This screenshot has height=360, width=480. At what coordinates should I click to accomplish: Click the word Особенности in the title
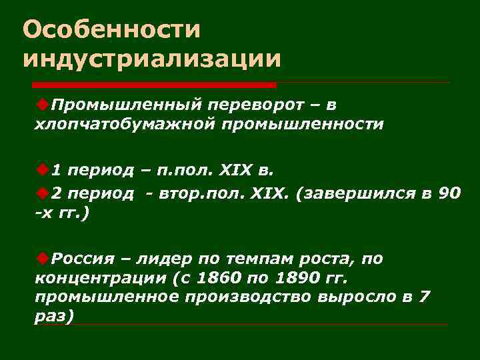click(111, 29)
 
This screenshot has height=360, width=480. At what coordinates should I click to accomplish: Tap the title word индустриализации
click(151, 58)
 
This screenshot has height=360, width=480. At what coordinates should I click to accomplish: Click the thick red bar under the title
click(154, 85)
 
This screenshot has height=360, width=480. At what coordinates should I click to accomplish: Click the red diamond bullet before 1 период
click(43, 168)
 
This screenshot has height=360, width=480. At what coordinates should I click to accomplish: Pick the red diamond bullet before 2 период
click(43, 194)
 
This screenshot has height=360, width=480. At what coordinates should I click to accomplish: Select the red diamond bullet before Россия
click(43, 257)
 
